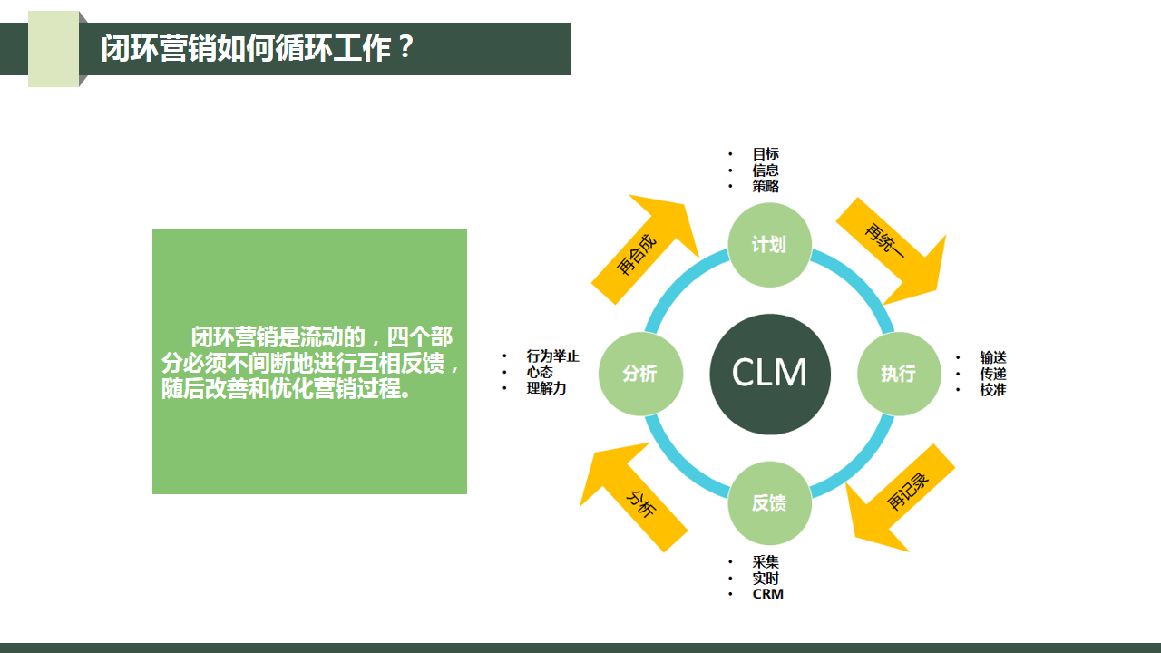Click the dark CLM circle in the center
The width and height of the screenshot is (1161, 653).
(x=770, y=374)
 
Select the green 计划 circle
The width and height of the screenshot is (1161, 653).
(x=769, y=245)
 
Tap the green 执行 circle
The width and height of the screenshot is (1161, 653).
(x=899, y=374)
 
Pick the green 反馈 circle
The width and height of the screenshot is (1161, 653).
(x=769, y=503)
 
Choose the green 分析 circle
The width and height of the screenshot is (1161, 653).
(x=640, y=374)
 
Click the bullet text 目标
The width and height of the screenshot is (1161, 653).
(x=766, y=154)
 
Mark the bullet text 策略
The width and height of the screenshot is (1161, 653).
(x=766, y=186)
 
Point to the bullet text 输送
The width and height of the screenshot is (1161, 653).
(x=992, y=357)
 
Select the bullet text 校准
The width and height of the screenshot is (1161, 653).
(x=992, y=390)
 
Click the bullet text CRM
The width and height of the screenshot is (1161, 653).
(x=767, y=594)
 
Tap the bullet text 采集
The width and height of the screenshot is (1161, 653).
(x=766, y=562)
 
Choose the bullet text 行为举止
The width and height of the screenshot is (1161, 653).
(x=552, y=356)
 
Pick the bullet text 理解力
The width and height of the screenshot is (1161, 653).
(x=546, y=388)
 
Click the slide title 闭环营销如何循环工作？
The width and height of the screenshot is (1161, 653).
(x=258, y=48)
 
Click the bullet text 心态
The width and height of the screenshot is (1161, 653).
(x=540, y=372)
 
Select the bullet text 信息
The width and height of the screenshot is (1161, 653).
(x=766, y=171)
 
